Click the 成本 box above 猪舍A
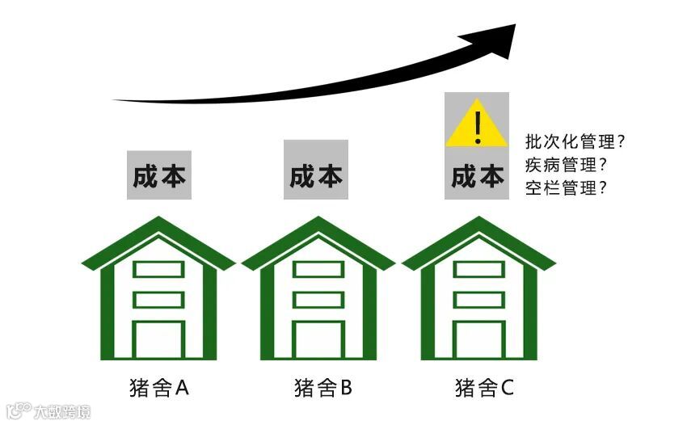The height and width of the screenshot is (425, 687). tap(159, 175)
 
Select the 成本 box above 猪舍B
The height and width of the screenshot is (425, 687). tap(316, 175)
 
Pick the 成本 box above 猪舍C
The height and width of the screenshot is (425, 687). tap(477, 175)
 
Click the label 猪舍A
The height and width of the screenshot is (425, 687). tap(158, 388)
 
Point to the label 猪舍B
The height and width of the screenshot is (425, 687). tap(322, 388)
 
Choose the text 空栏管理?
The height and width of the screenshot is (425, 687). tap(566, 188)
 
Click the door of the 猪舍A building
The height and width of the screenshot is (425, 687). tap(158, 340)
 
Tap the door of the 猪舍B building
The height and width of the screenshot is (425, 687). tap(318, 340)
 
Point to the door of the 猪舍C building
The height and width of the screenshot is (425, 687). tap(478, 340)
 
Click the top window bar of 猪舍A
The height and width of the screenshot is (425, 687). tap(158, 269)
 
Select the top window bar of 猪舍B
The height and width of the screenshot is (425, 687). tap(318, 269)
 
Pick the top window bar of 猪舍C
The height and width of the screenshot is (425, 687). tap(478, 269)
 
